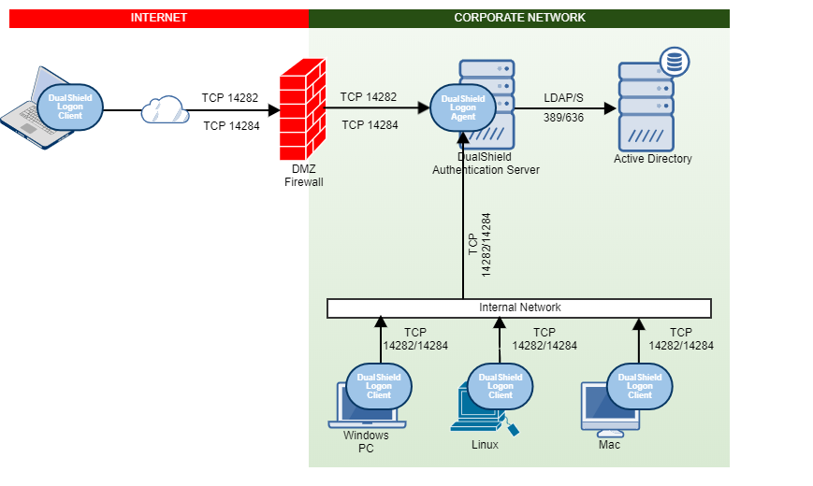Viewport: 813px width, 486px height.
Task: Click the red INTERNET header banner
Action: (x=158, y=18)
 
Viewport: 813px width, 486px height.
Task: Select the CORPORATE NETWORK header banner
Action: (x=519, y=18)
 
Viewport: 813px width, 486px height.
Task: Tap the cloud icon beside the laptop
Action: (x=165, y=110)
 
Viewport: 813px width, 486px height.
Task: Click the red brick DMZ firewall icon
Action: (x=301, y=111)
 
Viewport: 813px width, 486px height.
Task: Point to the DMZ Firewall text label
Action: (x=303, y=176)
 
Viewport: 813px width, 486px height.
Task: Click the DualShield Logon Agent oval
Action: (x=463, y=107)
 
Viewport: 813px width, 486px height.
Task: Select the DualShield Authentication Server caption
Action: (x=486, y=164)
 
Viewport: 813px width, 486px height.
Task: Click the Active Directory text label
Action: (x=653, y=159)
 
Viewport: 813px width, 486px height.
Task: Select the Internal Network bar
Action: (x=519, y=307)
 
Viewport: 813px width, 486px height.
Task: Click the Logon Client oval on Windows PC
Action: (x=379, y=386)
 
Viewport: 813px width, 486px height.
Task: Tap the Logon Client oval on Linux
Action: (x=500, y=386)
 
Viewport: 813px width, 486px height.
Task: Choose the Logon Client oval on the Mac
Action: (x=640, y=386)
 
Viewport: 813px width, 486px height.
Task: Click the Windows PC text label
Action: (x=366, y=441)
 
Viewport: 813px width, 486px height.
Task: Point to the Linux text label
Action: (x=485, y=445)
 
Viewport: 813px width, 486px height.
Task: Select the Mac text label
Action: (x=609, y=445)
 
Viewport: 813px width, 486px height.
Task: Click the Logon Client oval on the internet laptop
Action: (x=70, y=107)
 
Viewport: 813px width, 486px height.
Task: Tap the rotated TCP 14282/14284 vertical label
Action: (x=479, y=244)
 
